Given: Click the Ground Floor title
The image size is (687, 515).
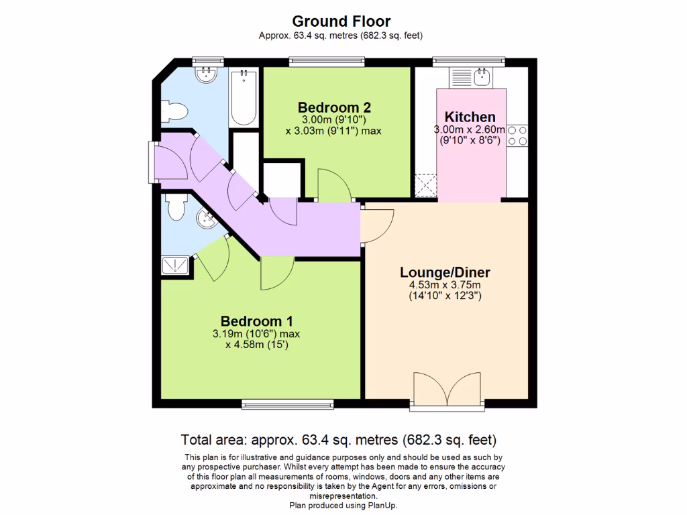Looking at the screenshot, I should point(341,22).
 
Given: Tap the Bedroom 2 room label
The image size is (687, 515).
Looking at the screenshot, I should point(334,107).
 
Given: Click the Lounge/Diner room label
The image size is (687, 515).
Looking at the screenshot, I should point(445,272).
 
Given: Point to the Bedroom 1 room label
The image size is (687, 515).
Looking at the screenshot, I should point(256,321).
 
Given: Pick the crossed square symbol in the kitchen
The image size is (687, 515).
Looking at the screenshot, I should point(426,185).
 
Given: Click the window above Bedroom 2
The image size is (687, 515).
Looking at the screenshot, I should point(327,62).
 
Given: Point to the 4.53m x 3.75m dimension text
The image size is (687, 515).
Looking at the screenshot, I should point(445,285).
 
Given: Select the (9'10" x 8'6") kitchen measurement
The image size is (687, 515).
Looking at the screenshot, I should point(470,141).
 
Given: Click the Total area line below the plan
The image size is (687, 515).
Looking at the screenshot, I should point(339,441).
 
